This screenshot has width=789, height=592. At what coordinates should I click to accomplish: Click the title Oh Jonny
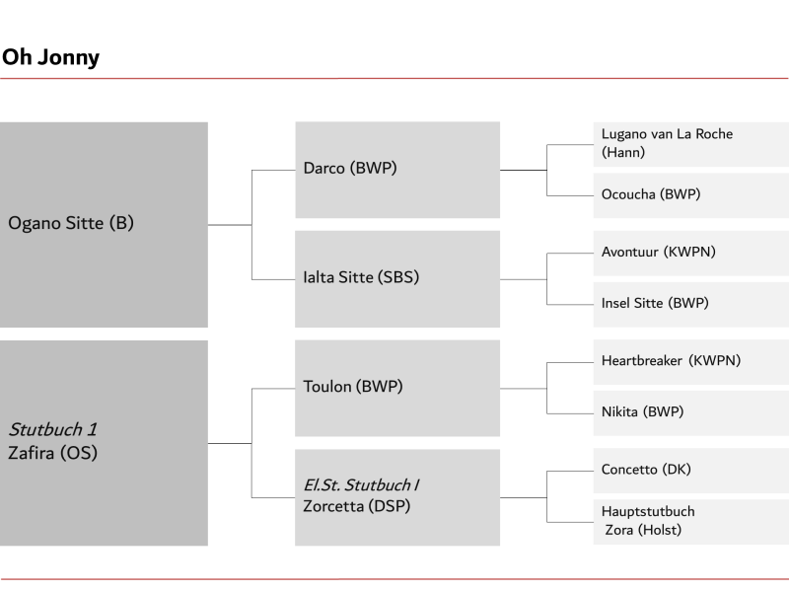click(x=51, y=58)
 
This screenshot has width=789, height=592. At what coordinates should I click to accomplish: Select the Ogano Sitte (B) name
click(x=71, y=223)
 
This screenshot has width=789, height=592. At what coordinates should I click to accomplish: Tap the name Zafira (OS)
click(x=53, y=453)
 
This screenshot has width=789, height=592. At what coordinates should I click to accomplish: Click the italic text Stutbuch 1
click(x=53, y=429)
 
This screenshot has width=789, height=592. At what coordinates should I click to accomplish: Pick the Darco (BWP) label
click(x=350, y=168)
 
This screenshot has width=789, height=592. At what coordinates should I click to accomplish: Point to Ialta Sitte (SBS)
click(x=361, y=277)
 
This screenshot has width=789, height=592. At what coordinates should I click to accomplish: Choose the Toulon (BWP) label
click(x=353, y=387)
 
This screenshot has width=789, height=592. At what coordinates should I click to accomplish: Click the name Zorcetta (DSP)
click(x=357, y=506)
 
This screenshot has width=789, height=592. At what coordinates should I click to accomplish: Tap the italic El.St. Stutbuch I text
click(x=361, y=484)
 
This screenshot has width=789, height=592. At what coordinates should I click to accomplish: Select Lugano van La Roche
click(x=668, y=134)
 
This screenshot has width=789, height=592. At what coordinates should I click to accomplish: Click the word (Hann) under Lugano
click(x=623, y=152)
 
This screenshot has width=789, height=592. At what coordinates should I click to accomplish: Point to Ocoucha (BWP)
click(x=651, y=194)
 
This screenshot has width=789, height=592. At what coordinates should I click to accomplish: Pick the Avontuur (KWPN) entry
click(x=659, y=252)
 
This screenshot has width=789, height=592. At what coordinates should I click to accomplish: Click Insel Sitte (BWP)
click(x=655, y=303)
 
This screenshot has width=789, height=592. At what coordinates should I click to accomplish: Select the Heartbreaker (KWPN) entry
click(x=672, y=360)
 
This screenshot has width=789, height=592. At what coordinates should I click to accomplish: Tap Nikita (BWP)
click(x=643, y=411)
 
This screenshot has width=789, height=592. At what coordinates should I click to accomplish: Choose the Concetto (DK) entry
click(x=646, y=470)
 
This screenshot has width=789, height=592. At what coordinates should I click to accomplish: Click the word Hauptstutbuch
click(x=648, y=511)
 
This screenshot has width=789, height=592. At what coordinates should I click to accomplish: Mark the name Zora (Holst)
click(x=643, y=530)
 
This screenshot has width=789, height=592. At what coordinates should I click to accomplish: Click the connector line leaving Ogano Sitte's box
click(x=230, y=225)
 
